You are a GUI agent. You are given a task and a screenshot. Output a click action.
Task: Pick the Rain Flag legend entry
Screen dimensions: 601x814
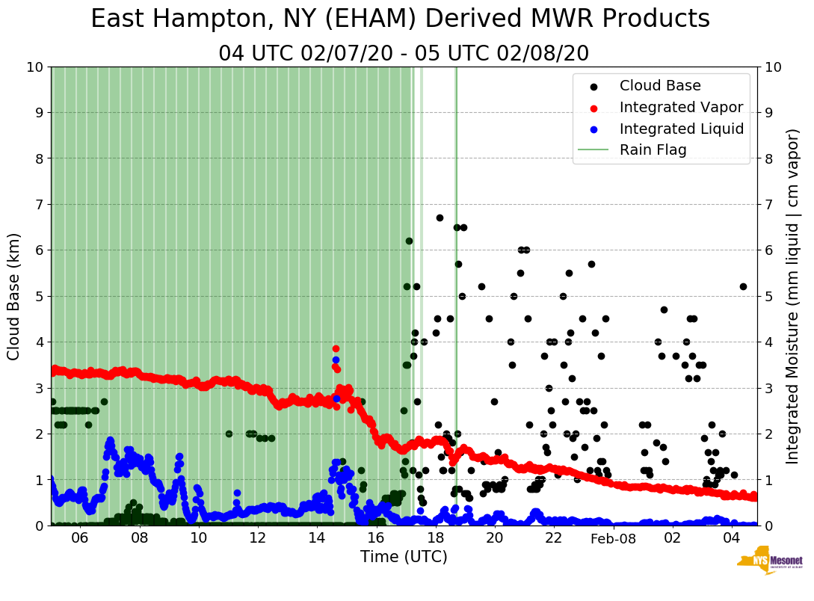point(653,150)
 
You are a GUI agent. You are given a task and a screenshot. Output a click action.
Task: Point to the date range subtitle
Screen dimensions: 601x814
point(404,54)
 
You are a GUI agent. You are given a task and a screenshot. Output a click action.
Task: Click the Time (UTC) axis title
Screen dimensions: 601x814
point(404,557)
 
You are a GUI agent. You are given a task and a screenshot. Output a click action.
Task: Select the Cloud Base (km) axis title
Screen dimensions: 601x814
point(14,296)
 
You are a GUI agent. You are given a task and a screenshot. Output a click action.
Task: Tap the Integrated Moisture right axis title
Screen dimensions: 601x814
point(793,296)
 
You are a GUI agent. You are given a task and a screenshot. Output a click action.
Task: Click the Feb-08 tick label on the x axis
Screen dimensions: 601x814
point(613,538)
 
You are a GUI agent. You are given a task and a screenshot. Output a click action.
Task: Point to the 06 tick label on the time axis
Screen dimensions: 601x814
point(80,538)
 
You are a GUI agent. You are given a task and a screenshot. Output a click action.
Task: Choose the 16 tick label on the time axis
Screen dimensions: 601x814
point(376,538)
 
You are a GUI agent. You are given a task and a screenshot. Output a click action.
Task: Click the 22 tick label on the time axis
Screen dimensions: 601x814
point(553,538)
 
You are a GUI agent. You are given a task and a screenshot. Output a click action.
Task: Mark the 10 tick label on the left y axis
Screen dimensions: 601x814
point(34,67)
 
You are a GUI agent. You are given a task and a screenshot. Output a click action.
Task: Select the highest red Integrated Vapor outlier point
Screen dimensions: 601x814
point(336,348)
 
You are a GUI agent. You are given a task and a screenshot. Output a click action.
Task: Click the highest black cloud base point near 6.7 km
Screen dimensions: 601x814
point(440,218)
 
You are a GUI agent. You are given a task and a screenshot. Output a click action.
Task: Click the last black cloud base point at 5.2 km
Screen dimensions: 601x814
point(743,286)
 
